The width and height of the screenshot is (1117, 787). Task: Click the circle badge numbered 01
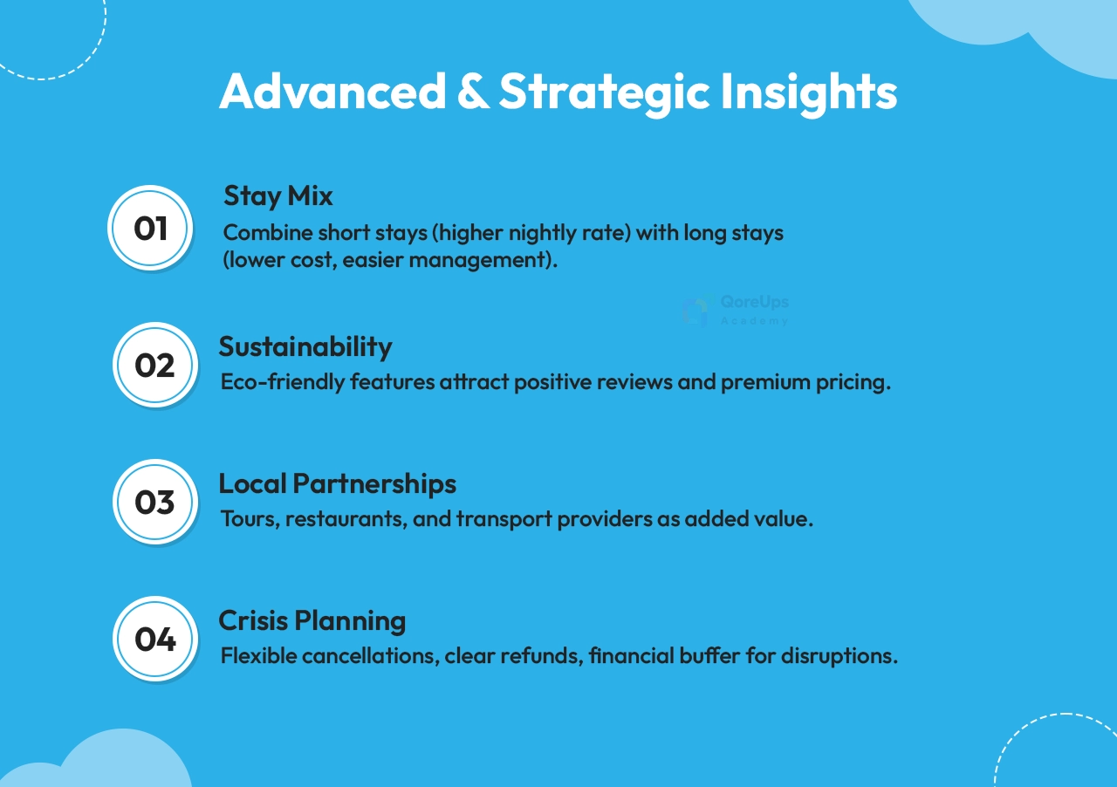pos(150,228)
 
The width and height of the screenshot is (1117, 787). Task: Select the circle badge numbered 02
pos(155,365)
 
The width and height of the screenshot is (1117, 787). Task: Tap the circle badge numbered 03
pos(155,502)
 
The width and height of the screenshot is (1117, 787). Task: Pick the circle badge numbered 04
pos(155,639)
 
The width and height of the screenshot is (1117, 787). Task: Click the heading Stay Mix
pos(278,196)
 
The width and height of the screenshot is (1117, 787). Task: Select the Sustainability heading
pos(305,347)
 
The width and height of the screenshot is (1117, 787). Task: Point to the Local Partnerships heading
pos(337,484)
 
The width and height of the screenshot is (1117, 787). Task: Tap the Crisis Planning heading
pos(312,621)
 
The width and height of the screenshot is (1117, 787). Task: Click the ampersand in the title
pos(473,90)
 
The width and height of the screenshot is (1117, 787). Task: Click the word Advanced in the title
pos(332,90)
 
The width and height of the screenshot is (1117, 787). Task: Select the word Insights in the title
pos(809,93)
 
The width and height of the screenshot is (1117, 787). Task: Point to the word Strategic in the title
pos(605,93)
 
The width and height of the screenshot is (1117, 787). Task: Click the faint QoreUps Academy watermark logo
pos(736,310)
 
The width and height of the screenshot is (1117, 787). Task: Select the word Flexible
pos(259,656)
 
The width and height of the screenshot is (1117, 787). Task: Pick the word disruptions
pos(839,657)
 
